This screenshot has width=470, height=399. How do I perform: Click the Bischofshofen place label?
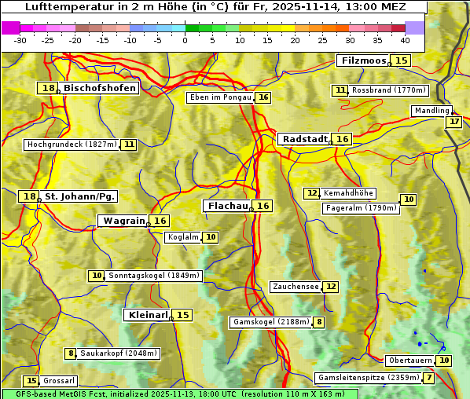click(x=101, y=89)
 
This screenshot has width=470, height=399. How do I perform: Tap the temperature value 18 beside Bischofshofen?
click(x=49, y=89)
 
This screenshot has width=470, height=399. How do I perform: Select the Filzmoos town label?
click(x=364, y=60)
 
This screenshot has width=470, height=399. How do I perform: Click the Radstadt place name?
click(x=305, y=139)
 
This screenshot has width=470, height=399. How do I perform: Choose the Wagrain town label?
click(x=124, y=221)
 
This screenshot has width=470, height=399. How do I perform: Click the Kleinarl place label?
click(x=147, y=315)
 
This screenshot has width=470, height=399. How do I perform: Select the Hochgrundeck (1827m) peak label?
click(x=72, y=145)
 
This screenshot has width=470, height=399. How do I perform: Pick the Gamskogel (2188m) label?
click(x=271, y=322)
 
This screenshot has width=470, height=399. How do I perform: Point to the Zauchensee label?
click(x=296, y=287)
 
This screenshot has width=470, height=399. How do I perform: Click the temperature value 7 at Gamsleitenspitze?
click(x=428, y=378)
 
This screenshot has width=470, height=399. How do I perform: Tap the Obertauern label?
click(x=410, y=361)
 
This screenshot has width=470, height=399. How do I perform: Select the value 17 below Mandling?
click(x=453, y=122)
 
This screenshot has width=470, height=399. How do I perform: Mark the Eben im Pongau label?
click(x=220, y=97)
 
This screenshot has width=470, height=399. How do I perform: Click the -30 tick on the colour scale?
click(x=20, y=40)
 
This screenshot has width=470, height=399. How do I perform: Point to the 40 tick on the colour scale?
click(x=405, y=40)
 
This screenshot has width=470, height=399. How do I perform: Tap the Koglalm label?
click(x=183, y=237)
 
